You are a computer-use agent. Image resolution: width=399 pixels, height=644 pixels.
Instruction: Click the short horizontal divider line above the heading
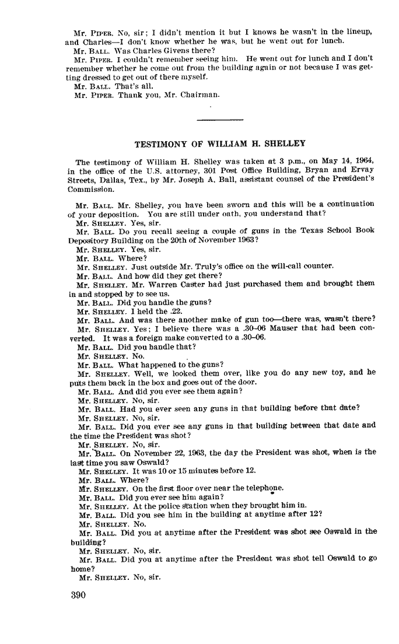tap(220, 120)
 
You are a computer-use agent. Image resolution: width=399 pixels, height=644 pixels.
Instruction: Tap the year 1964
tap(362, 162)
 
